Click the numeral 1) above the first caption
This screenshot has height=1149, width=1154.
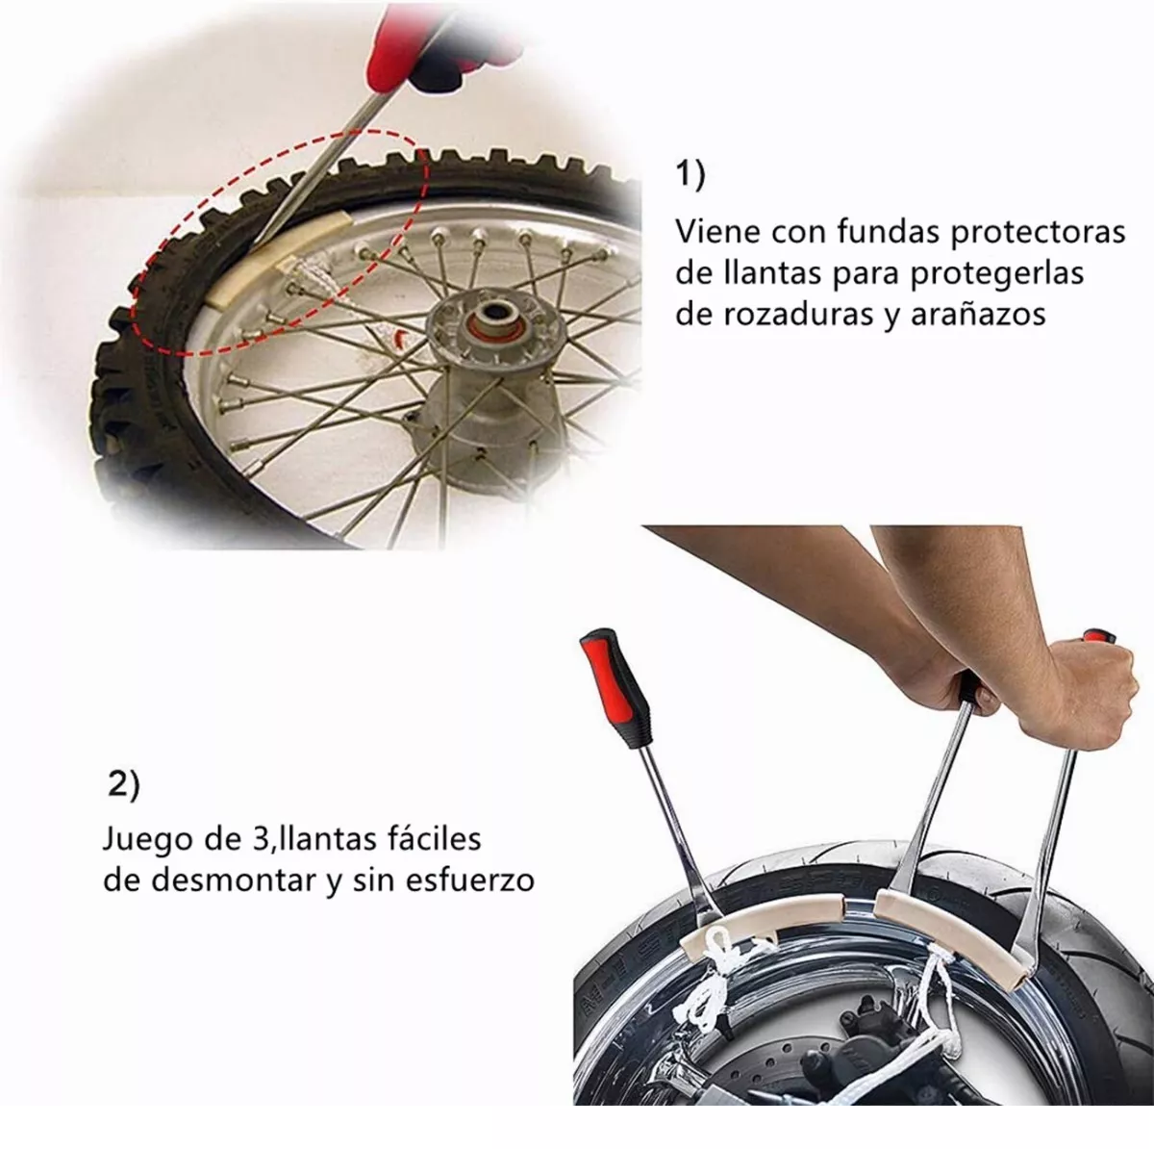(690, 175)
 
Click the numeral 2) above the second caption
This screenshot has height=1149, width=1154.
(122, 784)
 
